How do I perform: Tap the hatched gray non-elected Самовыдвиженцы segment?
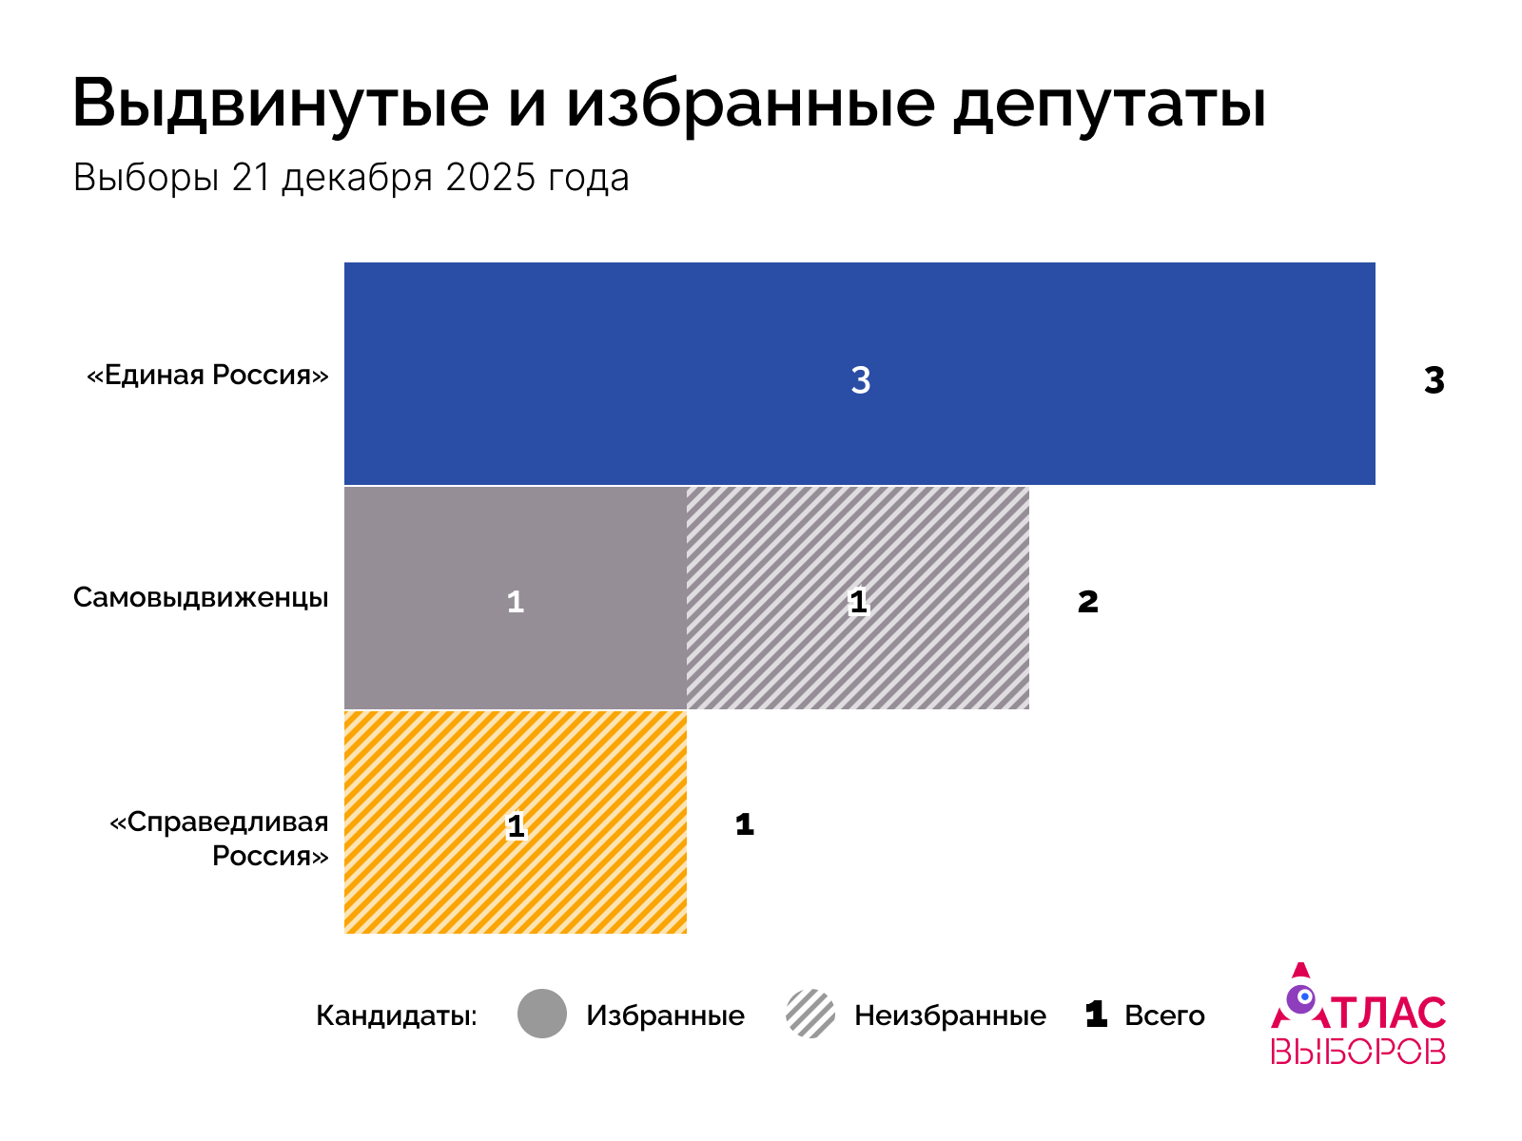[913, 656]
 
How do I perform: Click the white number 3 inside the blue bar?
[860, 380]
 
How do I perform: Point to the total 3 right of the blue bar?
[1434, 380]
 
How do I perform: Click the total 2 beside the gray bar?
[1087, 602]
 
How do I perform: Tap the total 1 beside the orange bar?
[745, 824]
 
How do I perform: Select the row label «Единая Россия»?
[207, 375]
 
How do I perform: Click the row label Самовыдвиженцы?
[201, 598]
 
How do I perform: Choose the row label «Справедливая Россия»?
[220, 839]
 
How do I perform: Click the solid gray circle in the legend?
[542, 1014]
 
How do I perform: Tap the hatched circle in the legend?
[810, 1014]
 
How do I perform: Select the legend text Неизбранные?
[949, 1015]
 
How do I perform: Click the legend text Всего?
[1164, 1015]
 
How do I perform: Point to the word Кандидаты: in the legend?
[397, 1015]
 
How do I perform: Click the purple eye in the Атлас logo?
[1300, 998]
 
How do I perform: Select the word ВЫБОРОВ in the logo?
[1357, 1052]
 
